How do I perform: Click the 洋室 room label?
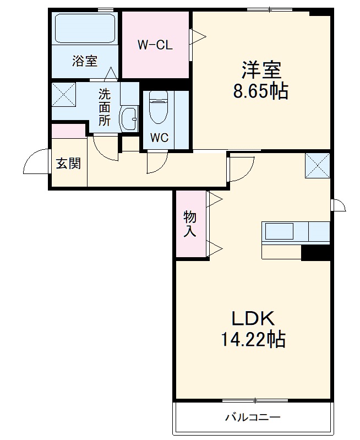click(x=261, y=71)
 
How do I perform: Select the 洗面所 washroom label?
click(x=104, y=107)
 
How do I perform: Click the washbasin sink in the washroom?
click(x=130, y=117)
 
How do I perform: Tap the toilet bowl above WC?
click(x=158, y=108)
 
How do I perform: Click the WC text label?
click(x=159, y=138)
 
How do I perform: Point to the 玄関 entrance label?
click(x=68, y=164)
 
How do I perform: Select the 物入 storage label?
click(x=190, y=224)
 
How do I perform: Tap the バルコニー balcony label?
click(x=253, y=417)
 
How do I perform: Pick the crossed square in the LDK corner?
click(x=318, y=165)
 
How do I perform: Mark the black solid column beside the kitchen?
click(x=315, y=252)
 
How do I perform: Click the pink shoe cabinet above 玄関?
click(x=68, y=131)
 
